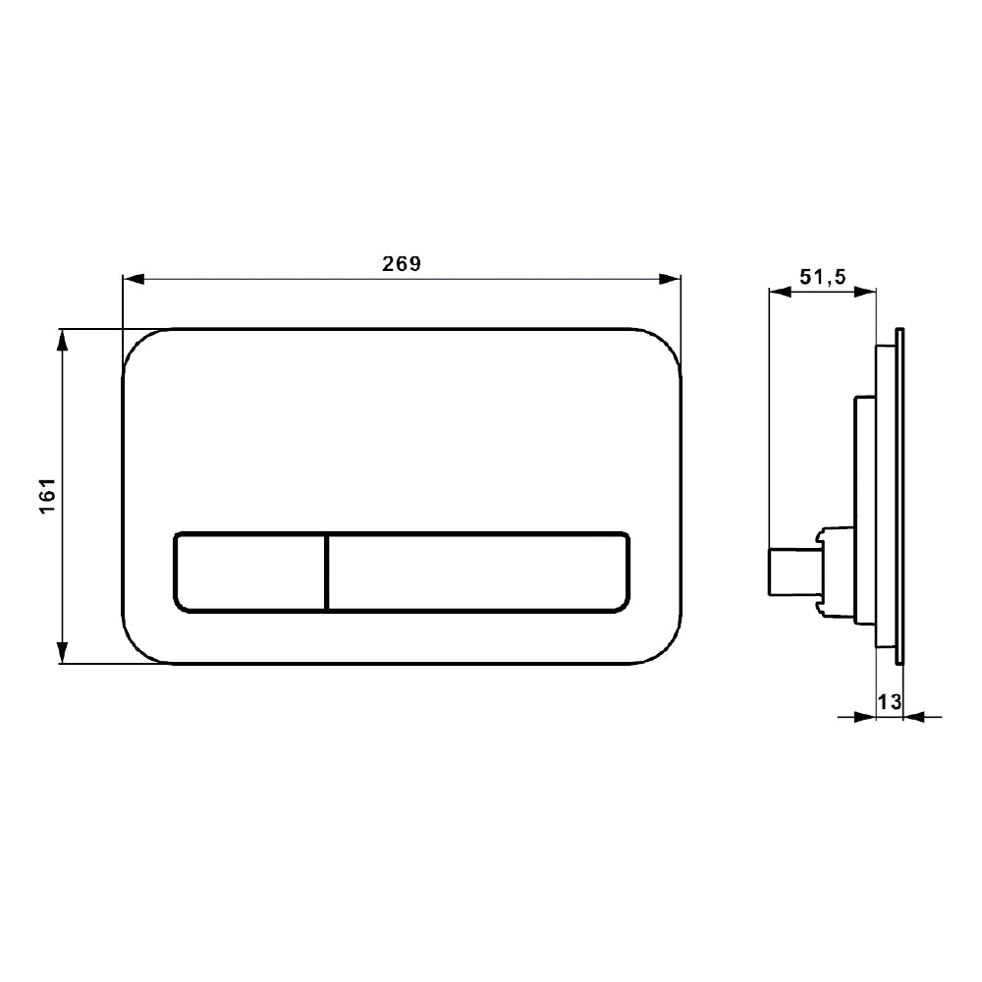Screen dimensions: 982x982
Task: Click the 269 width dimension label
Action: click(401, 264)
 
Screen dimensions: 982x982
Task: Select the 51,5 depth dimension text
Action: click(823, 278)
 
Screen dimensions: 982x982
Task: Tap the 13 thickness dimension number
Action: click(890, 701)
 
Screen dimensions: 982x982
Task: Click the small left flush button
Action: click(249, 573)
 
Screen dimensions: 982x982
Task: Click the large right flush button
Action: click(478, 573)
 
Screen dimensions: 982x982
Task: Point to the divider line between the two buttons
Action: click(326, 573)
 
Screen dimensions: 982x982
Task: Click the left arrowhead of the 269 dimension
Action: click(132, 280)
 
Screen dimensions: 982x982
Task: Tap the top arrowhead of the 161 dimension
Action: click(63, 339)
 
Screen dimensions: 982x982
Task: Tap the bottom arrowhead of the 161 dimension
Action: click(63, 653)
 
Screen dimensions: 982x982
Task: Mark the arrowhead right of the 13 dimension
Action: click(913, 717)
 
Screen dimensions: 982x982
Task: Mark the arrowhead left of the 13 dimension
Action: click(864, 717)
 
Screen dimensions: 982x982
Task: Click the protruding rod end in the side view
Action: click(773, 573)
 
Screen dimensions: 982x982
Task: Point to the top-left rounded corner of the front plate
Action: click(136, 344)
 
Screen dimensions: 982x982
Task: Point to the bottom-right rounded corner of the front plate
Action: click(666, 648)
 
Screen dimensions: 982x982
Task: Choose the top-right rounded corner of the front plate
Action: click(666, 344)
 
